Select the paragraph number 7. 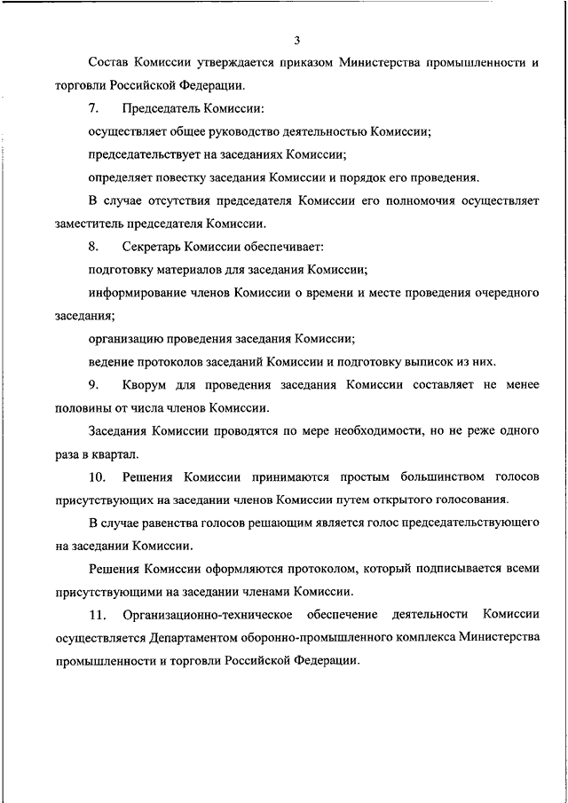(93, 109)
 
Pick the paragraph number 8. (93, 247)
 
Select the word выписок (434, 362)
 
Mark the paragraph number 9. (93, 385)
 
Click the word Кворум (148, 385)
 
